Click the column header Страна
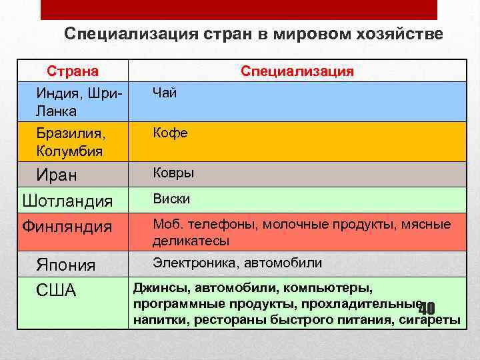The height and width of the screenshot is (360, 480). [x=72, y=71]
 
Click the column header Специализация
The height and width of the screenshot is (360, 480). [x=297, y=71]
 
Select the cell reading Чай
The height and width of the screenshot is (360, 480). [x=165, y=93]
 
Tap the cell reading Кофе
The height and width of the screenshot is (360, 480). [x=170, y=133]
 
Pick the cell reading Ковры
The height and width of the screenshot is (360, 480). [x=173, y=173]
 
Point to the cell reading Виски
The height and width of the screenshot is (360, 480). [x=171, y=199]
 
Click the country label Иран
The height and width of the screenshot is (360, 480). [x=57, y=175]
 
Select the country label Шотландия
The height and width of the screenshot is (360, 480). [x=67, y=201]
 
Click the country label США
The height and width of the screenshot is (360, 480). [x=57, y=291]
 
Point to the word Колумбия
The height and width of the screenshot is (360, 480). [x=69, y=151]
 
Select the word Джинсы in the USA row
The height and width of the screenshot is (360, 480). [x=159, y=288]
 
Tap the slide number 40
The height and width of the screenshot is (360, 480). [x=427, y=308]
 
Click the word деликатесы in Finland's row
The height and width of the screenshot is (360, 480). [x=191, y=240]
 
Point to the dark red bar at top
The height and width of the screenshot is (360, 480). [x=239, y=9]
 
